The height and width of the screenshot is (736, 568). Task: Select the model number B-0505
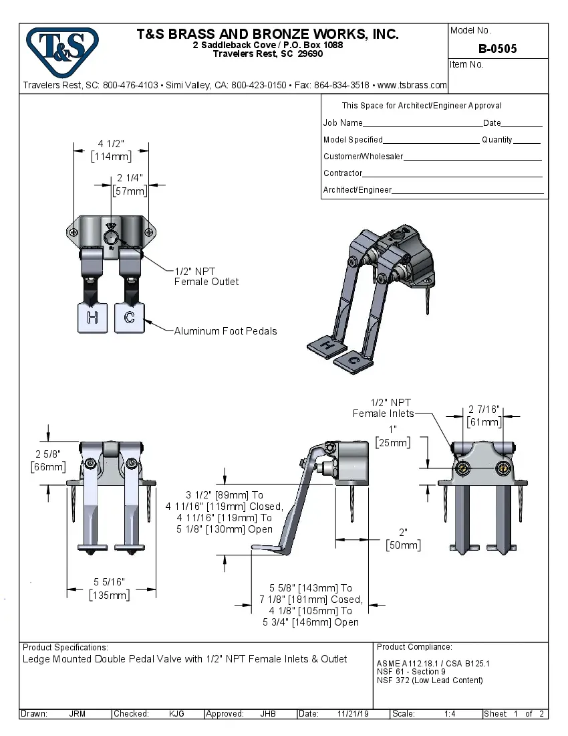[x=497, y=49]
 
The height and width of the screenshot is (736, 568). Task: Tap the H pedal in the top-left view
[x=92, y=318]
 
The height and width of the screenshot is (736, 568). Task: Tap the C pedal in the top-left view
[x=129, y=318]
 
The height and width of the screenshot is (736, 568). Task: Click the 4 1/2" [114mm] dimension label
[x=111, y=151]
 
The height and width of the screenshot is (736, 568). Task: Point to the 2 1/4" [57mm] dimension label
[x=130, y=184]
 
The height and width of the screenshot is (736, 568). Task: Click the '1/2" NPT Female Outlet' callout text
[x=206, y=276]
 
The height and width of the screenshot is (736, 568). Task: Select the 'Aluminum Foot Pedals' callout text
[x=225, y=331]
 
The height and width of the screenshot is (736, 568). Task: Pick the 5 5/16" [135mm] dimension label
[x=110, y=588]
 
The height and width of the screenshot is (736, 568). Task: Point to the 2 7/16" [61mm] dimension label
[x=484, y=416]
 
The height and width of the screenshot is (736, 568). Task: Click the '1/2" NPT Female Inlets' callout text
[x=384, y=408]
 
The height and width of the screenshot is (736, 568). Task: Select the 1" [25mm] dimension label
[x=392, y=436]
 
